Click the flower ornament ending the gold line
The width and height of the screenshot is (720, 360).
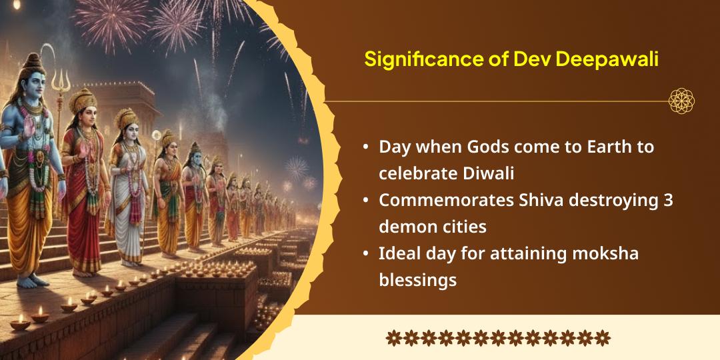pyautogui.click(x=681, y=101)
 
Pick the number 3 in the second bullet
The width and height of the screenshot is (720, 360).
pyautogui.click(x=668, y=201)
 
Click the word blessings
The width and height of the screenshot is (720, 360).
pyautogui.click(x=417, y=280)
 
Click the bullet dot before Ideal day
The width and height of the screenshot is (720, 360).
pyautogui.click(x=366, y=254)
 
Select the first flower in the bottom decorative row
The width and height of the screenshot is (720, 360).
pyautogui.click(x=393, y=338)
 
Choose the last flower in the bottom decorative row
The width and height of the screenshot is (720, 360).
pyautogui.click(x=603, y=338)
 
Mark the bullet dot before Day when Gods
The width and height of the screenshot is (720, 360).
pyautogui.click(x=366, y=148)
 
